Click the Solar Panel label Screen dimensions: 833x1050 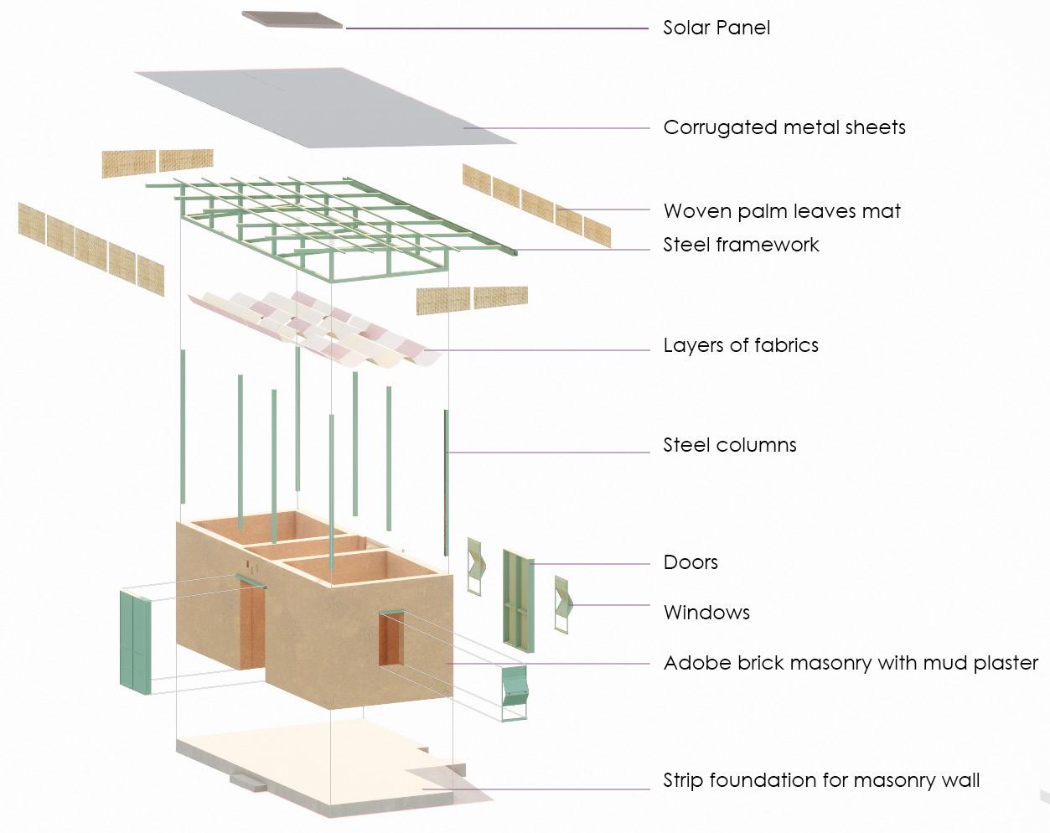point(716,28)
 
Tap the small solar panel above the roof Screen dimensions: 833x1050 point(292,18)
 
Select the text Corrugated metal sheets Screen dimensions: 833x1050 point(784,127)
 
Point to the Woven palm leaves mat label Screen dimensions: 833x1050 point(781,211)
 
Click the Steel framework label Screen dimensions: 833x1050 point(741,245)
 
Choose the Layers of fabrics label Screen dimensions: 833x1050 point(740,345)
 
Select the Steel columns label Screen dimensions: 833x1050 point(729,445)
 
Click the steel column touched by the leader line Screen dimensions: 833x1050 point(447,453)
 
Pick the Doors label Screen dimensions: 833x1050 point(690,562)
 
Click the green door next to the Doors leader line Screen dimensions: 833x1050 point(518,597)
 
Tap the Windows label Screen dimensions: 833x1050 point(706,613)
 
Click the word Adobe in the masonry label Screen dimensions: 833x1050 point(690,663)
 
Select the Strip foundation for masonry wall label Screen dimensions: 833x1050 point(820,780)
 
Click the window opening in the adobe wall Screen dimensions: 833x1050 point(391,639)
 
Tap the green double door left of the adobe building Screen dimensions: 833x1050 point(135,641)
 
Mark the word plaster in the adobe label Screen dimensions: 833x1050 point(1002,663)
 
